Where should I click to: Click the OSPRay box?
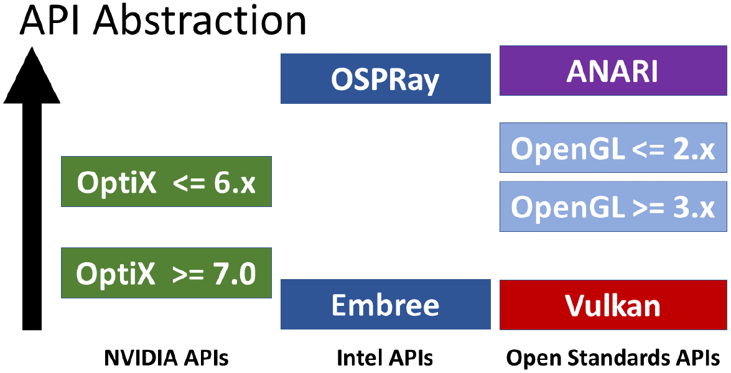pyautogui.click(x=386, y=79)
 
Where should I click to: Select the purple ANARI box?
pyautogui.click(x=613, y=71)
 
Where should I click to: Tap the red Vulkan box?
pyautogui.click(x=613, y=305)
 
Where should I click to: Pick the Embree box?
pyautogui.click(x=386, y=305)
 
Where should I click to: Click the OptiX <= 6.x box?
pyautogui.click(x=167, y=182)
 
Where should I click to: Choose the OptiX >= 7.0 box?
pyautogui.click(x=167, y=273)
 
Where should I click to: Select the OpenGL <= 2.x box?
pyautogui.click(x=613, y=147)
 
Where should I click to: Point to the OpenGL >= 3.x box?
pyautogui.click(x=613, y=206)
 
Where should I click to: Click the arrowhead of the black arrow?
pyautogui.click(x=32, y=75)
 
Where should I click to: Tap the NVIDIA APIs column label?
pyautogui.click(x=167, y=358)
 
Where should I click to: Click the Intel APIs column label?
pyautogui.click(x=385, y=358)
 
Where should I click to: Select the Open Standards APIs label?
pyautogui.click(x=613, y=358)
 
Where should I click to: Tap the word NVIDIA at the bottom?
pyautogui.click(x=141, y=358)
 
